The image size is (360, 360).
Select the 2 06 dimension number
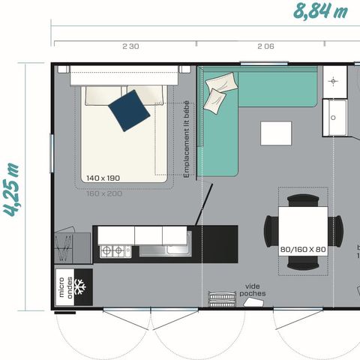[x=265, y=46]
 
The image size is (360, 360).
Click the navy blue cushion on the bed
[x=129, y=109]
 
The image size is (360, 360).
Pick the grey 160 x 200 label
[x=103, y=193]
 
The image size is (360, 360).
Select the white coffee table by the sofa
[x=274, y=133]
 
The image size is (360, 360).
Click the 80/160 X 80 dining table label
[x=302, y=248]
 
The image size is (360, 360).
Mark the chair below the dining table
[x=303, y=262]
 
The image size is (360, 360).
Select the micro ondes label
[x=65, y=288]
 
